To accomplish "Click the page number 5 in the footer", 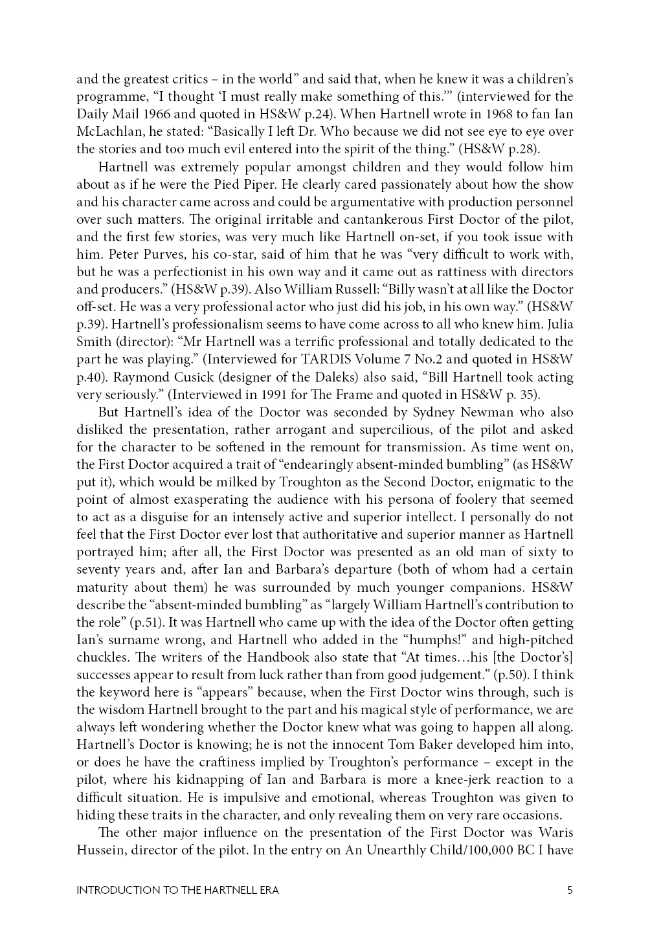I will pos(570,890).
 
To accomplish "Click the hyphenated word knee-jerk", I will pos(463,780).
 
